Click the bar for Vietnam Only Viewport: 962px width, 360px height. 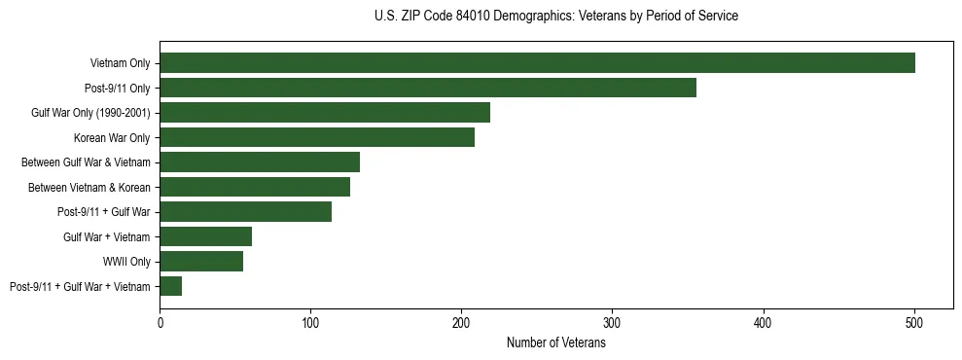point(537,63)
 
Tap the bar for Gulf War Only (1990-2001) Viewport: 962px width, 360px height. point(325,113)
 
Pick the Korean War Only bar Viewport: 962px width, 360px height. point(317,137)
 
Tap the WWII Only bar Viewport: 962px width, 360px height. point(201,261)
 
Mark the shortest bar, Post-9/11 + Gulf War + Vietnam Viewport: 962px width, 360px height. point(171,286)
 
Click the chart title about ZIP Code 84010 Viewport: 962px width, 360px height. point(555,17)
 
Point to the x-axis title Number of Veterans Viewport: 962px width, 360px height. point(555,343)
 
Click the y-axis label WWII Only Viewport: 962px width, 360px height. point(126,262)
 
